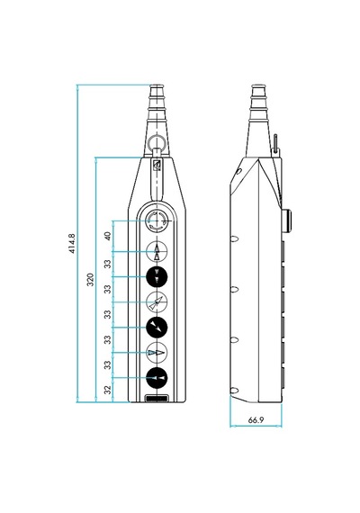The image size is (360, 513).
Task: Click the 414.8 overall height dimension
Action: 72,243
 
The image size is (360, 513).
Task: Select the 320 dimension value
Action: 90,280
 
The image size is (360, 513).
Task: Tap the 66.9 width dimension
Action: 256,420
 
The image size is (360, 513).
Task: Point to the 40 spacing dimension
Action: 108,236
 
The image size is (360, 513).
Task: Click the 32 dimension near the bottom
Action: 108,390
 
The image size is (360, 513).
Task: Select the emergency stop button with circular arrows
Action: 157,221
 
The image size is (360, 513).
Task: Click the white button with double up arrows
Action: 157,252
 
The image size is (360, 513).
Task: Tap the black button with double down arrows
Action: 157,277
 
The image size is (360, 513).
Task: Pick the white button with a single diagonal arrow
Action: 157,302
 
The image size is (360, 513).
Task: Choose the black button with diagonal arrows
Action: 157,328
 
